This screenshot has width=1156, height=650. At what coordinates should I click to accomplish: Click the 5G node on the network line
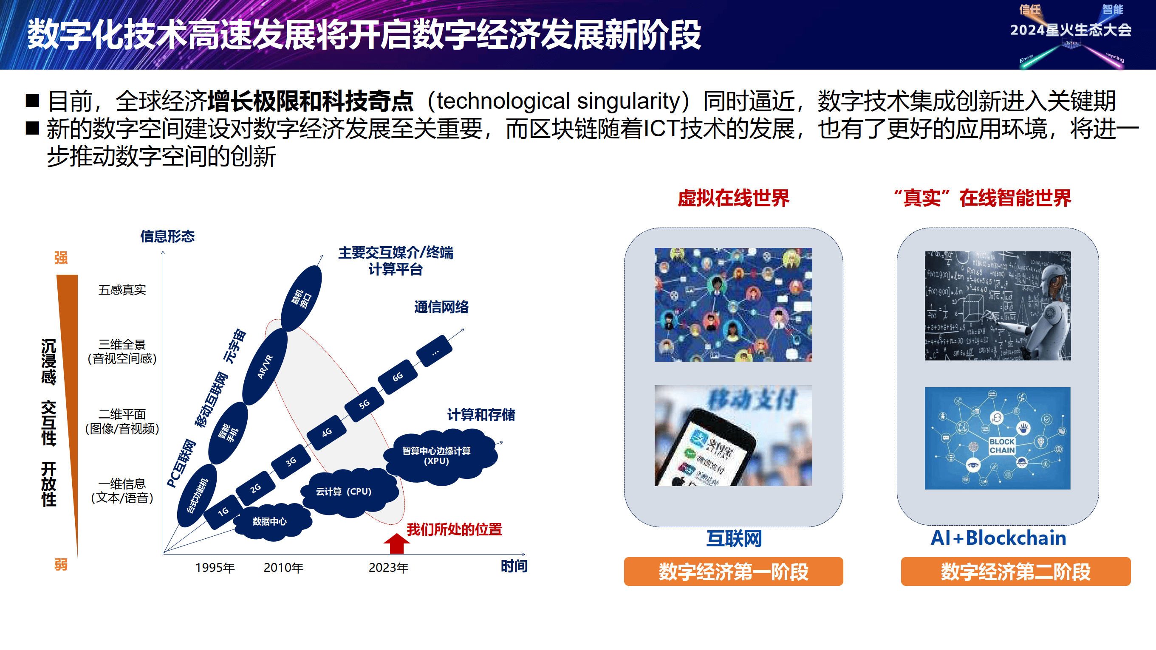(x=364, y=404)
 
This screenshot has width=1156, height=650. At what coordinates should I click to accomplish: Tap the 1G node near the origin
(x=223, y=512)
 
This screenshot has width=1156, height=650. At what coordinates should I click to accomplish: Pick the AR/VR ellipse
(x=265, y=366)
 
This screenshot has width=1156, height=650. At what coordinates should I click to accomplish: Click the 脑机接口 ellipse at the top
(x=302, y=298)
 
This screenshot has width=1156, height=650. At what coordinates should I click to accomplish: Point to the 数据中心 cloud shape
(x=270, y=521)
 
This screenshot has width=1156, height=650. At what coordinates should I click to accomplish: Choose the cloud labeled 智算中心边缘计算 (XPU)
(x=436, y=456)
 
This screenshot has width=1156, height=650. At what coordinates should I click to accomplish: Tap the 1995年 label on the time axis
(x=215, y=568)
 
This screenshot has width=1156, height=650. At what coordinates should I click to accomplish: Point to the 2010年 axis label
(x=284, y=568)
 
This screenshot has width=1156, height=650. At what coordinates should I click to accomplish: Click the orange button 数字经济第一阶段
(x=733, y=571)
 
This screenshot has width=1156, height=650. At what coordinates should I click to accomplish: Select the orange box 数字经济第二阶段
(x=1015, y=571)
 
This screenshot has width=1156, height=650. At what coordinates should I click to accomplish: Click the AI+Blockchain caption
(x=998, y=538)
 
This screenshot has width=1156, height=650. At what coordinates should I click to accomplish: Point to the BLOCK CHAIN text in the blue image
(x=1002, y=446)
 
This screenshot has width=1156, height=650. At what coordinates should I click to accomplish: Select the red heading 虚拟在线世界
(x=733, y=198)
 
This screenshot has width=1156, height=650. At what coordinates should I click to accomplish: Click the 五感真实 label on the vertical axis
(x=122, y=290)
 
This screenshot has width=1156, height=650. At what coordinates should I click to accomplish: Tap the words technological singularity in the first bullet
(x=558, y=101)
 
